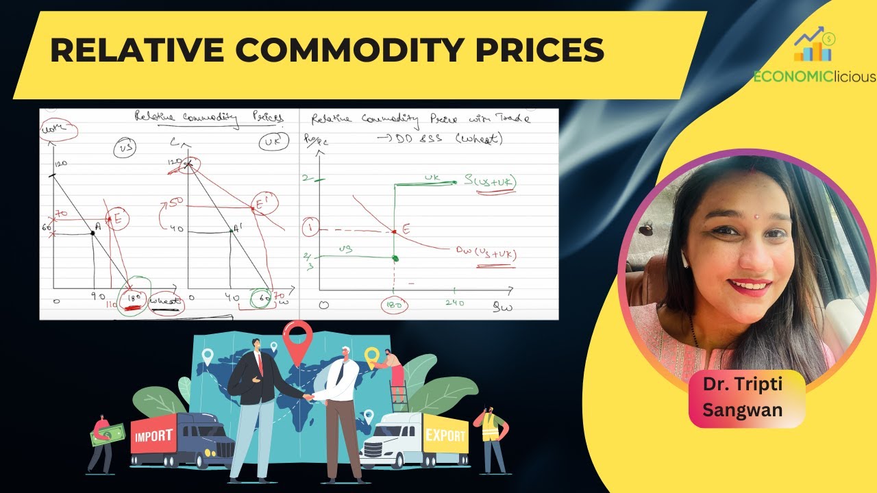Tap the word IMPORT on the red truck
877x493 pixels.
click(153, 436)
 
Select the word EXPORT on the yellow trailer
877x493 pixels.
click(445, 435)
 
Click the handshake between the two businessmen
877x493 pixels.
click(309, 397)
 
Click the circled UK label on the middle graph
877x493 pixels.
click(268, 144)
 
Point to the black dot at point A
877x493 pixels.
click(93, 233)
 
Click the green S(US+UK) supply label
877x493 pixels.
click(490, 182)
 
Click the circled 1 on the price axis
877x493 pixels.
click(310, 227)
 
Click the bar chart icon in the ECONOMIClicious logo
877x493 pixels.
click(813, 49)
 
